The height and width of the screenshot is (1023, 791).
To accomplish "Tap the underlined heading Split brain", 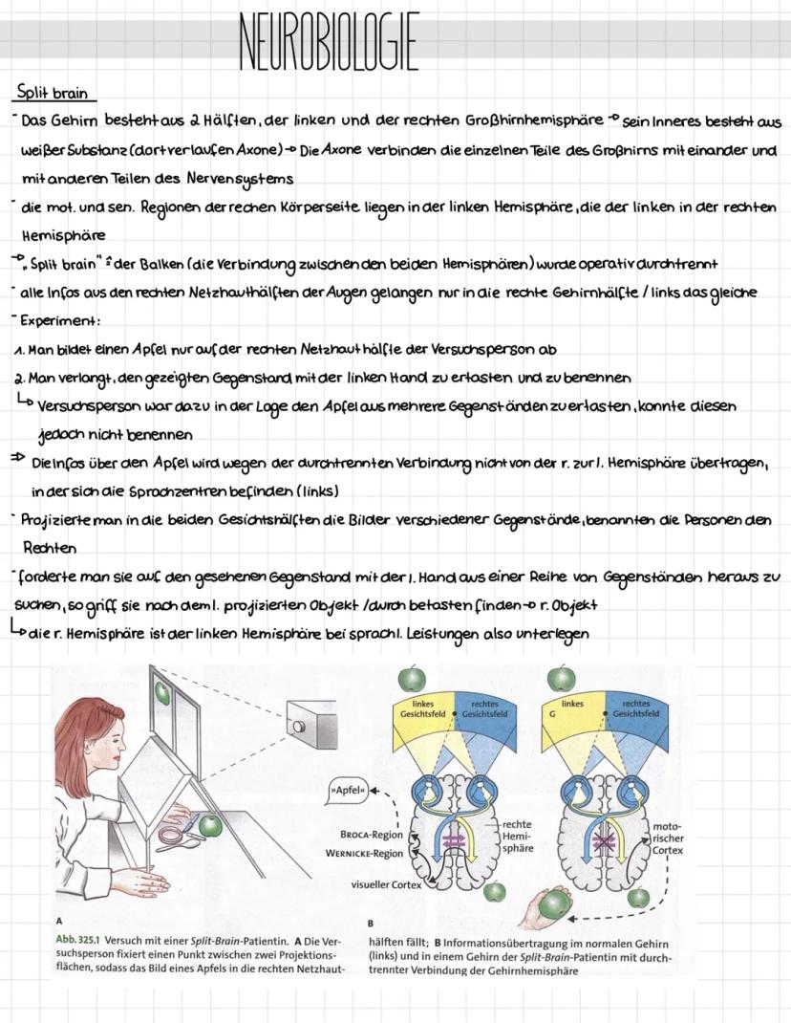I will tap(53, 94).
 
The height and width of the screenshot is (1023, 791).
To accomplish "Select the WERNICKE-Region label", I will tap(364, 853).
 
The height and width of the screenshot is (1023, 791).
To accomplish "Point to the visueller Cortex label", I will tap(384, 885).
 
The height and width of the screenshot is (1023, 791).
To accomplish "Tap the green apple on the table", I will tap(209, 823).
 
